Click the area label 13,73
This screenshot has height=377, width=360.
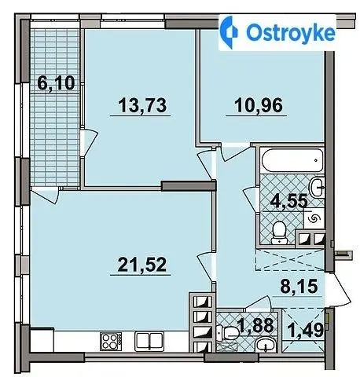point(142,105)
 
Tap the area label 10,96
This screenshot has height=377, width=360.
point(259,105)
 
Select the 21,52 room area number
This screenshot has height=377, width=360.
point(141,265)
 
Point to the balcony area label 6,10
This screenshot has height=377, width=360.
point(56,82)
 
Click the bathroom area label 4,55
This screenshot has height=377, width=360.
point(288,201)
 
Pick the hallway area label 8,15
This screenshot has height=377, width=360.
point(299,286)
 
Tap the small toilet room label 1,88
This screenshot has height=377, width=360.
point(255,326)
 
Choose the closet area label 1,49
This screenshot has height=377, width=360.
point(305,330)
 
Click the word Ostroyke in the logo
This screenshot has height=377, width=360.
point(291,33)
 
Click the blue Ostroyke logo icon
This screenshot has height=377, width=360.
point(229,32)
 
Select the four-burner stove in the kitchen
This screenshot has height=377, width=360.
point(111,342)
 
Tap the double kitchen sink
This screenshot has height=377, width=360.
point(149,341)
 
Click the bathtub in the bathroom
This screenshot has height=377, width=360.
point(292,161)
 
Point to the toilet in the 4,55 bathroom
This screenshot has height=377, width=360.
point(279,233)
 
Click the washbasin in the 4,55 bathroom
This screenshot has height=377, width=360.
point(318,187)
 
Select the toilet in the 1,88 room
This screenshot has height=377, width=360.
point(227,333)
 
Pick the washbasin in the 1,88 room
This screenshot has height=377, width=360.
point(266,345)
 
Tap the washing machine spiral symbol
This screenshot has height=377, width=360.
point(314,219)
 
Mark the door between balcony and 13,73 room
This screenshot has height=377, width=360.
point(89,144)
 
